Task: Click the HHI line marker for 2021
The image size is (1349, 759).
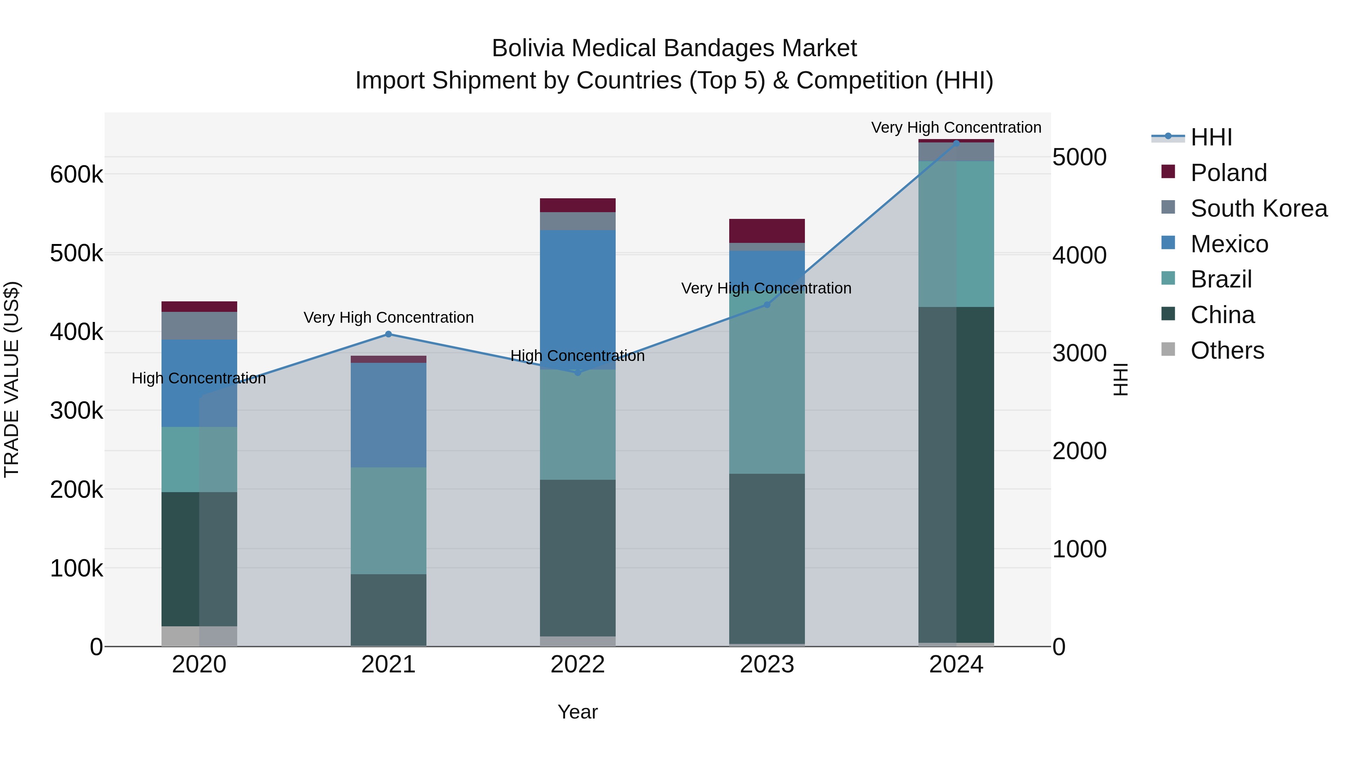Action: (388, 334)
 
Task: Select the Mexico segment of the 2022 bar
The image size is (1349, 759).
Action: (577, 299)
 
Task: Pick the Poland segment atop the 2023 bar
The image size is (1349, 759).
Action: (767, 231)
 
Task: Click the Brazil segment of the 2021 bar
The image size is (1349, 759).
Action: (388, 521)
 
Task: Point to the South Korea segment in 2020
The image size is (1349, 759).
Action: (199, 325)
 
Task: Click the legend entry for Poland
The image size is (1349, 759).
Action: (1228, 173)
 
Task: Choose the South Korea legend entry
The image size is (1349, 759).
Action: (1258, 208)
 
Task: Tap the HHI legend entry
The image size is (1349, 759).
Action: (1211, 137)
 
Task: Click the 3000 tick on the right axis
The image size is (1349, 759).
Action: (1079, 353)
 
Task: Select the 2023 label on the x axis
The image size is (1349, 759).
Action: (767, 665)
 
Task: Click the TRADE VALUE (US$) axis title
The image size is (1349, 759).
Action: (12, 379)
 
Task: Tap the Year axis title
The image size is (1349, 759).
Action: (577, 712)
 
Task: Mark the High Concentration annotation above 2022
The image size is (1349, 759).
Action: (577, 356)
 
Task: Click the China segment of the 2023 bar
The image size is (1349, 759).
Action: (767, 558)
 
